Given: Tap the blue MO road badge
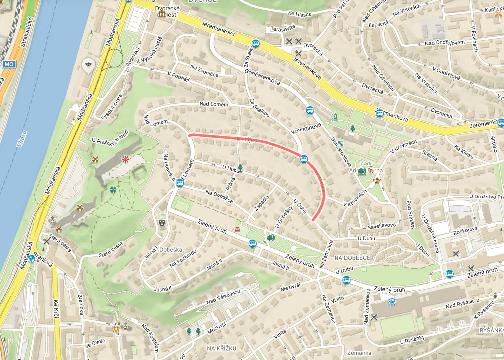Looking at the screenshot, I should (x=8, y=65).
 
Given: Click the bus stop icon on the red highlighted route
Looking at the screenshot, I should (x=304, y=159).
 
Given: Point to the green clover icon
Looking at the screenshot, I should (x=114, y=189).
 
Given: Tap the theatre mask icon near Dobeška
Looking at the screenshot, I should (x=161, y=223).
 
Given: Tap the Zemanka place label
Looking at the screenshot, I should (x=359, y=353).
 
